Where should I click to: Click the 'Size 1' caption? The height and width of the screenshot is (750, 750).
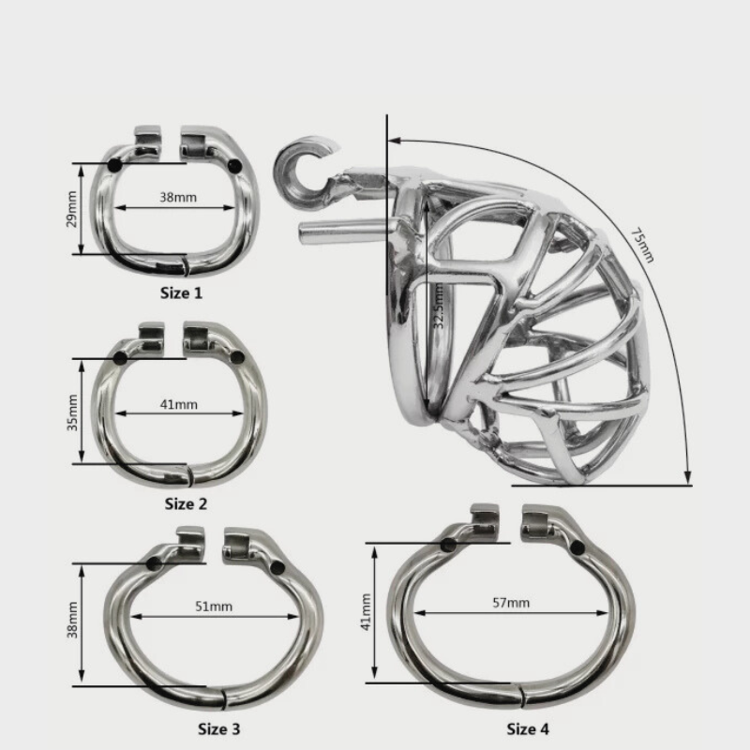pyautogui.click(x=181, y=292)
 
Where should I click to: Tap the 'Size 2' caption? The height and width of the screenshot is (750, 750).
pyautogui.click(x=186, y=503)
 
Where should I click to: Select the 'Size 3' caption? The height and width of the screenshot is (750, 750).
pyautogui.click(x=219, y=729)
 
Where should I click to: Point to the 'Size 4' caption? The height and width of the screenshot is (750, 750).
pyautogui.click(x=528, y=729)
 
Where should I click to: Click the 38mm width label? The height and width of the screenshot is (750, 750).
pyautogui.click(x=178, y=197)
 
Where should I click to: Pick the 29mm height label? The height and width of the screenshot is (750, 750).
pyautogui.click(x=71, y=209)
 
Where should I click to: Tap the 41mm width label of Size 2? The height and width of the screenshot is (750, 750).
pyautogui.click(x=178, y=405)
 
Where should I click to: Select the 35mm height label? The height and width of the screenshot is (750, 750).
pyautogui.click(x=72, y=412)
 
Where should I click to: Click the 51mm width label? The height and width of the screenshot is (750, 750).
pyautogui.click(x=214, y=607)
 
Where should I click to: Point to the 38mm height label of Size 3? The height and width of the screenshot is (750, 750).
pyautogui.click(x=72, y=620)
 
